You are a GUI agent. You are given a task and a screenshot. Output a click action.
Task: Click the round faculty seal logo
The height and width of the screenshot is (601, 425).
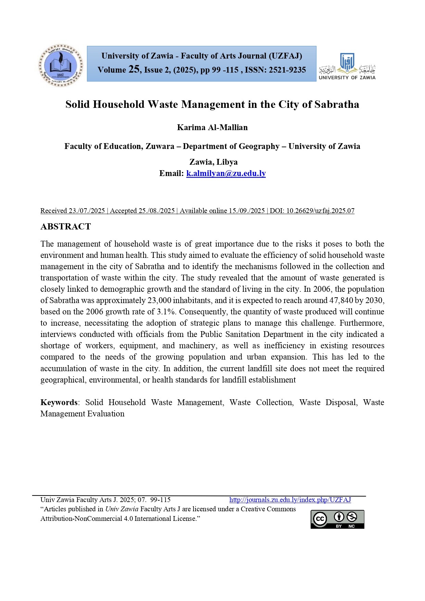point(61,65)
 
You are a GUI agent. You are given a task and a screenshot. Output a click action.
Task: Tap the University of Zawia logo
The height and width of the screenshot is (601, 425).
point(347,66)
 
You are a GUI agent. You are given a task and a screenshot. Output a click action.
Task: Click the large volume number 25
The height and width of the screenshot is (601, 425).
point(134,70)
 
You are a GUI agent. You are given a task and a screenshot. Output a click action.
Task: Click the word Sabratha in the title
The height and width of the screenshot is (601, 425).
point(337,104)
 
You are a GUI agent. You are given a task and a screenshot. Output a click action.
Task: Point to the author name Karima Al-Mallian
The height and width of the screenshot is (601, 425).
point(212,127)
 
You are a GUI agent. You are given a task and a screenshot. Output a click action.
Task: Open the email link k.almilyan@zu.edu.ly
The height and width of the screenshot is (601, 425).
point(226,173)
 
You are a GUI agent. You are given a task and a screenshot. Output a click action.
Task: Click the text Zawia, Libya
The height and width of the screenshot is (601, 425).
point(213,162)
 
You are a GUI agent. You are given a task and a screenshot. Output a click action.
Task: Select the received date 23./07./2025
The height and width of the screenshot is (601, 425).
point(87,211)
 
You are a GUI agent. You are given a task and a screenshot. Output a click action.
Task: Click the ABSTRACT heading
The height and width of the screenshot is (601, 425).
point(66,227)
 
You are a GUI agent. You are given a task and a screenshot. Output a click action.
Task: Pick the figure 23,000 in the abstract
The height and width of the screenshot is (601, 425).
point(159,300)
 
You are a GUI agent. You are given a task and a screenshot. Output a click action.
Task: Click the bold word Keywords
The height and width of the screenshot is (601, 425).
point(59,402)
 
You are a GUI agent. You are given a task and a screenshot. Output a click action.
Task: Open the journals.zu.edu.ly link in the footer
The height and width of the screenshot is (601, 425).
point(290,500)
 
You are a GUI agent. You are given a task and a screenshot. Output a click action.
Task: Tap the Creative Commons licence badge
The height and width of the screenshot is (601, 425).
point(337,519)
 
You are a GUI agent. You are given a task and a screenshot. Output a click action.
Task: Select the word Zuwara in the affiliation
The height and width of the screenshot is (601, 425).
point(160,146)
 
